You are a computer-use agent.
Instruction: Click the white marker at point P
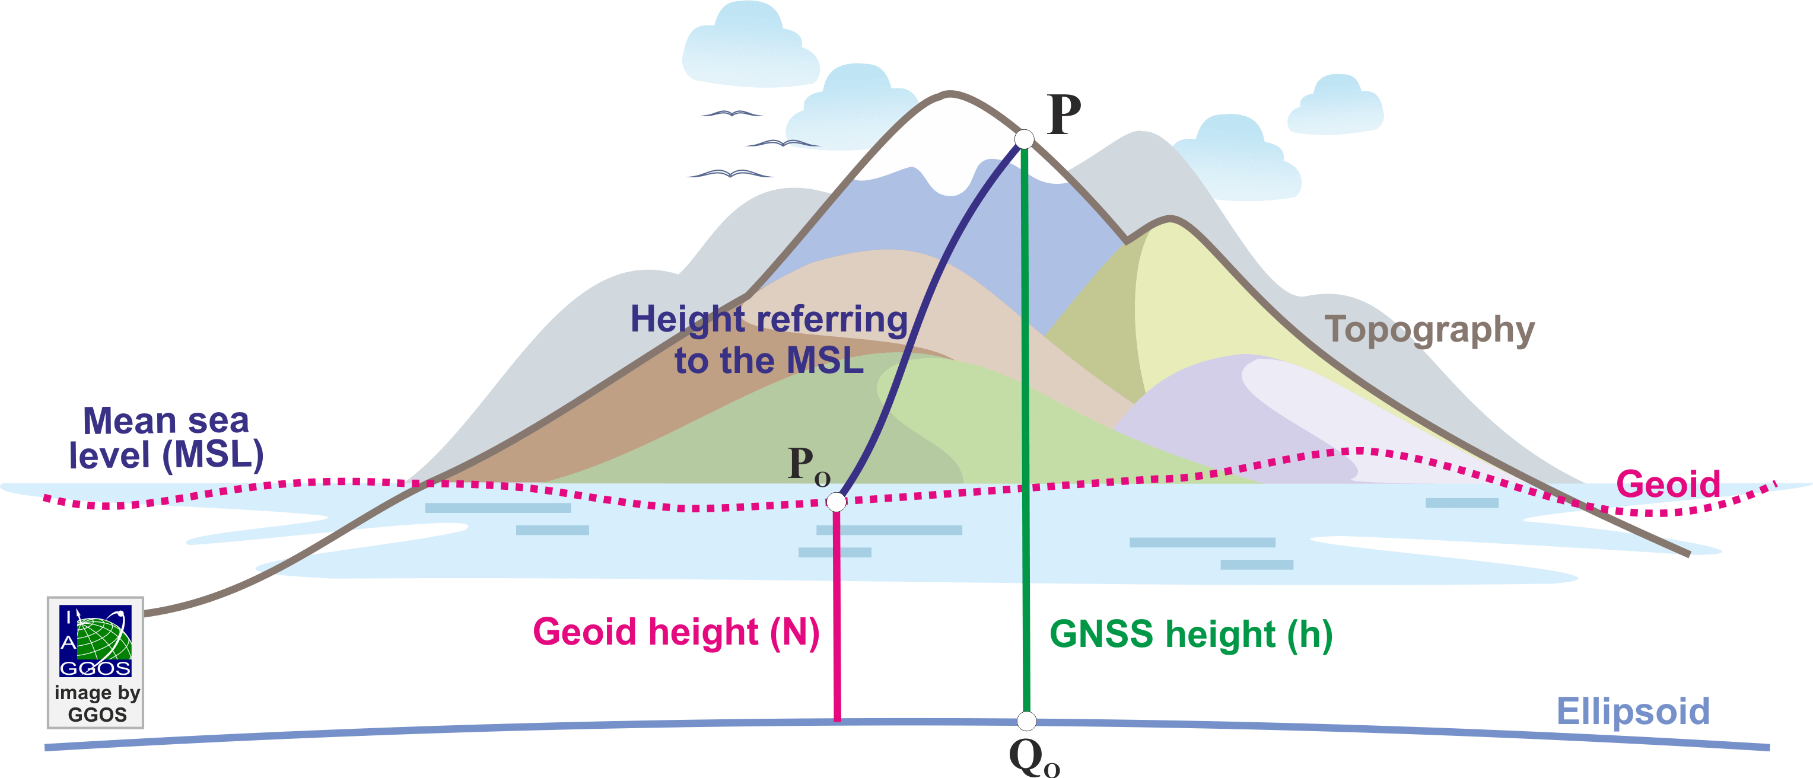point(1024,139)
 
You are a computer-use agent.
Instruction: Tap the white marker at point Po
point(836,502)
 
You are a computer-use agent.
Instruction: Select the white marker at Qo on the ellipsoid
point(1027,721)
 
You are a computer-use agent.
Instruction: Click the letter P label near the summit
point(1064,114)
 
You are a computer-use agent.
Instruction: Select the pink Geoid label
point(1668,484)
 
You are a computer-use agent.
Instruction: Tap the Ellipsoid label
point(1633,711)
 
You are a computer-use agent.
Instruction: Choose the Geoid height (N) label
point(676,632)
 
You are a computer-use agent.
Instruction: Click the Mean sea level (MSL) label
point(166,438)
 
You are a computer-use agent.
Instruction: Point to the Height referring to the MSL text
point(768,340)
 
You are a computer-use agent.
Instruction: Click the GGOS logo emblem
point(95,640)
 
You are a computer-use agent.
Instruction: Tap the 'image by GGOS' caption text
point(97,703)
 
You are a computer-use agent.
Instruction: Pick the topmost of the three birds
point(732,113)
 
